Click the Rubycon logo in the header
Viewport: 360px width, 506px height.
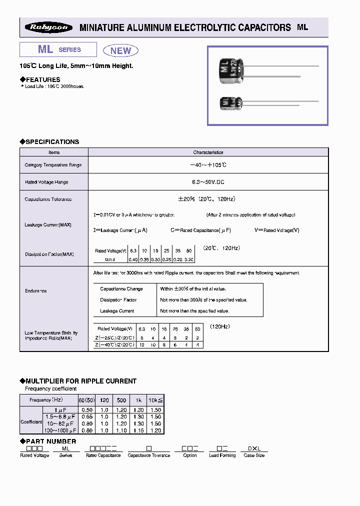tap(48, 28)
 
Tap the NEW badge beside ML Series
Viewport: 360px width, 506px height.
tap(120, 50)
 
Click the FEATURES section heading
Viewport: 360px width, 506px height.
tap(42, 79)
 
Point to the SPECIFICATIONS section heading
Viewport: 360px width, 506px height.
tap(52, 142)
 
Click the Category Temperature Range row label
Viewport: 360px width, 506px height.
tap(53, 165)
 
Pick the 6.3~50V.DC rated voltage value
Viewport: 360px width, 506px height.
tap(208, 182)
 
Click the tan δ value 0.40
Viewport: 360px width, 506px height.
tap(133, 259)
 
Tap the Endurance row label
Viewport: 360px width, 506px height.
tap(35, 291)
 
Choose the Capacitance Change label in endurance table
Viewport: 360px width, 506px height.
tap(121, 289)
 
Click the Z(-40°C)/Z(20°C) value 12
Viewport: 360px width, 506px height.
tap(142, 345)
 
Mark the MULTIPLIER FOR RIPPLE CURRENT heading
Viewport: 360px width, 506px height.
tap(80, 381)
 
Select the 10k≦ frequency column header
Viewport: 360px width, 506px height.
tap(156, 400)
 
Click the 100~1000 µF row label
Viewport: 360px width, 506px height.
tap(60, 430)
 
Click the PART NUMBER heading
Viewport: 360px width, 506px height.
tap(50, 441)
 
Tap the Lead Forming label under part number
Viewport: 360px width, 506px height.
tap(222, 455)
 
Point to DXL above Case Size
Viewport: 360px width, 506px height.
tap(254, 449)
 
